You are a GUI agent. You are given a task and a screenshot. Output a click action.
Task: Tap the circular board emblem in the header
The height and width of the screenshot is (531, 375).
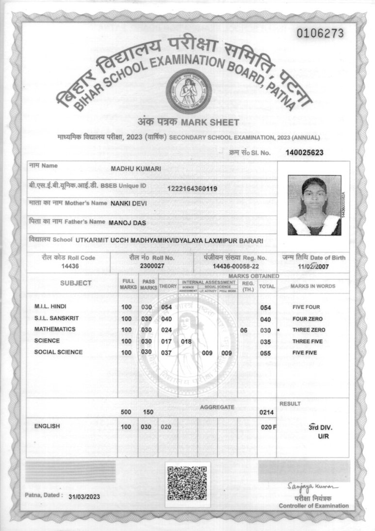(187, 91)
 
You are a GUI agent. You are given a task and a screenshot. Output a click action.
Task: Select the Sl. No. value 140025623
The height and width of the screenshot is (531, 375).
(305, 153)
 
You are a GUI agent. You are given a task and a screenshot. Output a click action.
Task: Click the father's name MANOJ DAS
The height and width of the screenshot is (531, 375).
(128, 223)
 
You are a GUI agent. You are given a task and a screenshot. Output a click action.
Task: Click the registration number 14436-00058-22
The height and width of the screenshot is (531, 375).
(236, 266)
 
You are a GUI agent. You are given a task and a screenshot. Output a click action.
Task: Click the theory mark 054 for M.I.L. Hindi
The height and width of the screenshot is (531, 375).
(166, 308)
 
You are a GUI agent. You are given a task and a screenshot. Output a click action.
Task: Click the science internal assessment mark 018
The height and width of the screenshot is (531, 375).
(186, 341)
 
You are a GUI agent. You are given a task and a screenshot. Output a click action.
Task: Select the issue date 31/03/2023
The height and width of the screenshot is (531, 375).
(84, 497)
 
